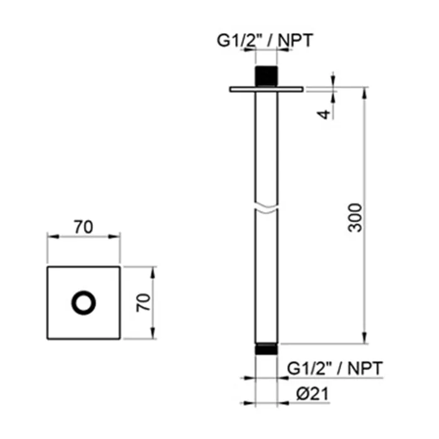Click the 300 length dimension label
[355, 218]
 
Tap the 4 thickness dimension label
[324, 114]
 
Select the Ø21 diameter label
[312, 394]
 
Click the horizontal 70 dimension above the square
[83, 227]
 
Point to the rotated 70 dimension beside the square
[143, 303]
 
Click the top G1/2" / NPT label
[265, 40]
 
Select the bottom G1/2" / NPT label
[335, 368]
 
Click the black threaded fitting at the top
[267, 76]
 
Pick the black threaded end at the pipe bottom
[267, 349]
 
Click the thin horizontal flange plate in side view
[267, 89]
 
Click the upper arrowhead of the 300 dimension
[364, 93]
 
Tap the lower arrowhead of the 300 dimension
[364, 337]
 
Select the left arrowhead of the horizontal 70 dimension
[53, 237]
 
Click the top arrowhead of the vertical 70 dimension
[152, 273]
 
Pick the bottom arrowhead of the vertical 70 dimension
[152, 333]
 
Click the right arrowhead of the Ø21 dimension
[283, 403]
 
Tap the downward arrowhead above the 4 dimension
[333, 81]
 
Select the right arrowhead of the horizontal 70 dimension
[114, 237]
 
